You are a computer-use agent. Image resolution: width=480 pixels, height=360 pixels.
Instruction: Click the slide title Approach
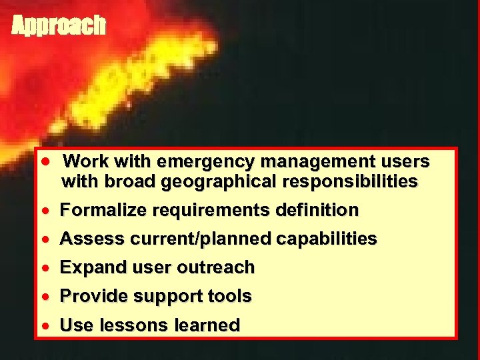point(59,25)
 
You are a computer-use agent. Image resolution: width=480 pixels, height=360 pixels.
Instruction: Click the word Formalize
point(103,211)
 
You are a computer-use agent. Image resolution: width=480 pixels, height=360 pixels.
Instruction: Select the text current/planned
point(196,239)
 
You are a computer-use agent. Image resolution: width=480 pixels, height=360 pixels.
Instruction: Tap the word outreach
point(216,267)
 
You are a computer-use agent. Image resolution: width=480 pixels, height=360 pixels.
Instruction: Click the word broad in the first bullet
point(115,181)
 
